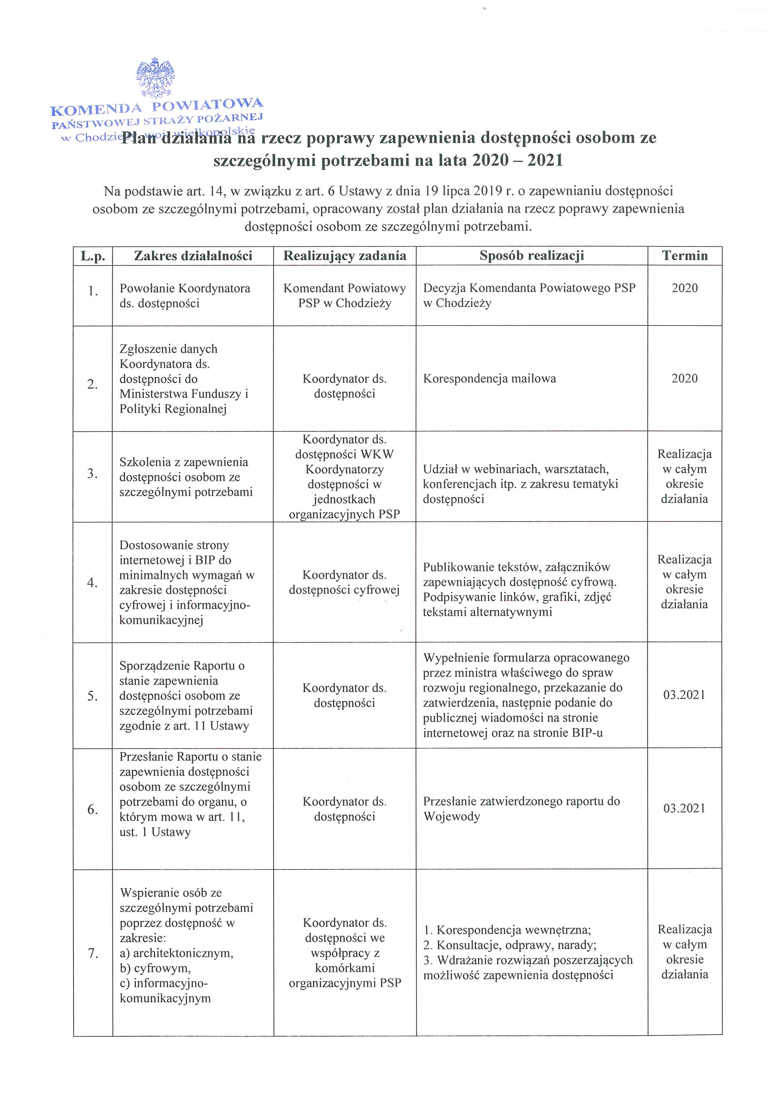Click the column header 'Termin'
pos(684,256)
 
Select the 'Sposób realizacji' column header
pos(532,256)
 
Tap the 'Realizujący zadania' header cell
pos(345,256)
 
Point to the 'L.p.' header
pos(92,256)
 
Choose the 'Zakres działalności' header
pos(193,256)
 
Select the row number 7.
pos(92,953)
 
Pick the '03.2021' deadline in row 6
pos(684,808)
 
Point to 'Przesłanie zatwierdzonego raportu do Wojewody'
pos(521,808)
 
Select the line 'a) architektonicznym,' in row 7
pos(176,953)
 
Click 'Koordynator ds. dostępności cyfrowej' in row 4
pos(345,582)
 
